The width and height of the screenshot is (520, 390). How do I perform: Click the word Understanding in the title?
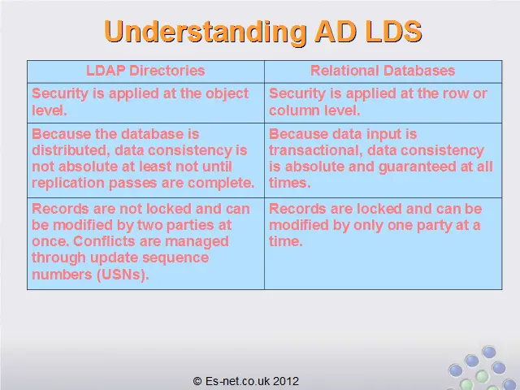pos(206,32)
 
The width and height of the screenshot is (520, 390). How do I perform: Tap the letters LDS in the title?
pos(388,31)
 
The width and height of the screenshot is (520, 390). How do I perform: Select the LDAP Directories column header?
pos(145,71)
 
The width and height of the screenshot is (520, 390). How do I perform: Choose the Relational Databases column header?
pos(383,71)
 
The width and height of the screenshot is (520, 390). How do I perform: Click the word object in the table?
pos(227,94)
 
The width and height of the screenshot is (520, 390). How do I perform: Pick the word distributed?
pos(71,150)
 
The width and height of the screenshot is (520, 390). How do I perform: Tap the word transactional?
pos(316,150)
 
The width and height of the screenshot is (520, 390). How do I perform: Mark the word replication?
pos(68,183)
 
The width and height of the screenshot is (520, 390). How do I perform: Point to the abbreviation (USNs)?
pos(123,275)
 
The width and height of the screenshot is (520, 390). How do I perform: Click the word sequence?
pos(177,258)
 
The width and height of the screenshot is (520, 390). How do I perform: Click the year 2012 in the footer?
pos(287,381)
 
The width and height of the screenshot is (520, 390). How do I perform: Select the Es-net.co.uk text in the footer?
pos(238,381)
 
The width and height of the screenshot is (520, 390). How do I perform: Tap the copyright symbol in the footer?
pos(197,381)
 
